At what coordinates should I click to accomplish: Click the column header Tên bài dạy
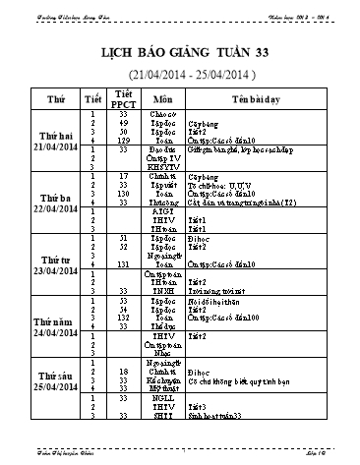(253, 99)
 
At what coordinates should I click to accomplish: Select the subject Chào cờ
(162, 117)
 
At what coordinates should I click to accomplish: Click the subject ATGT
(162, 209)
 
